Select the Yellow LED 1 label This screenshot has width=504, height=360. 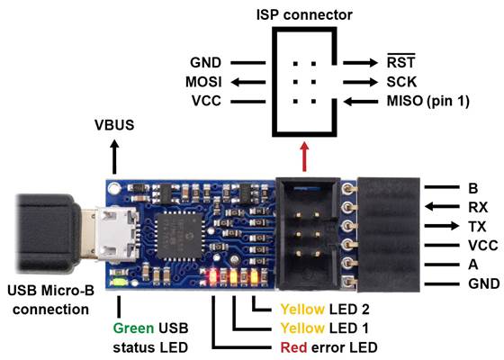(290, 327)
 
